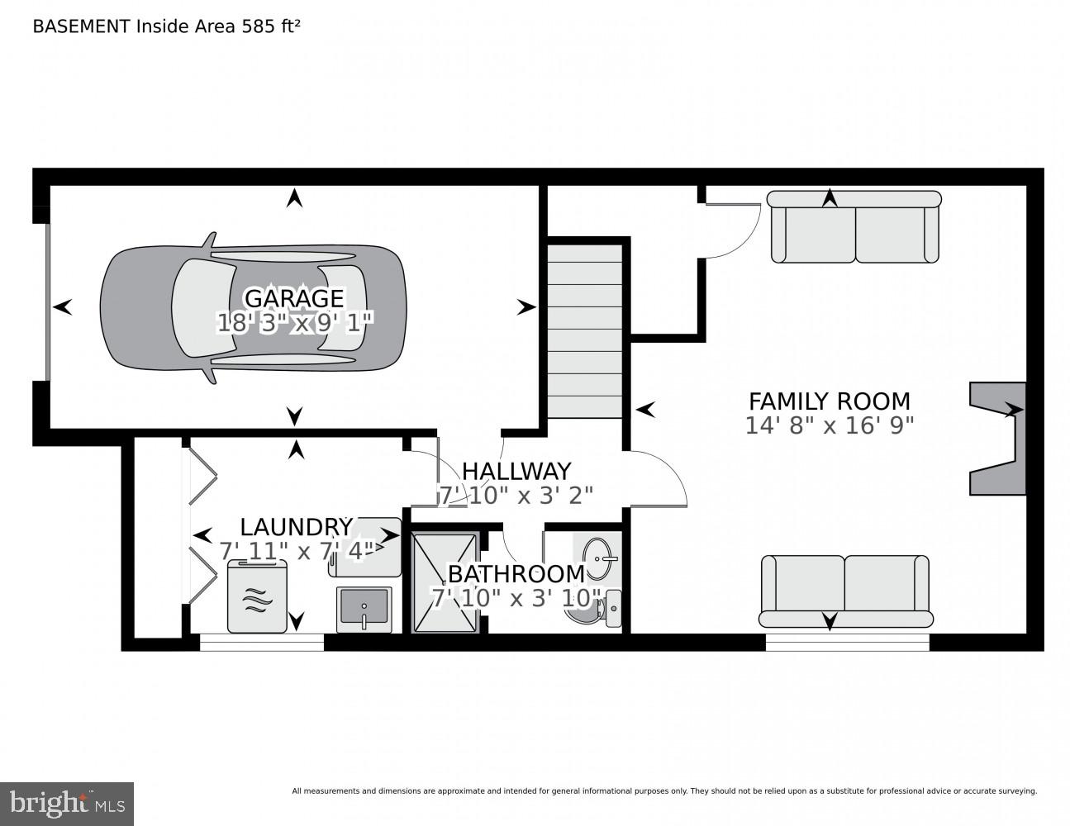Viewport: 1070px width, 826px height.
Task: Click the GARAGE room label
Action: point(293,297)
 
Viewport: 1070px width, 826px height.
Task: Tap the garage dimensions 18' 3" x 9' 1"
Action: point(295,322)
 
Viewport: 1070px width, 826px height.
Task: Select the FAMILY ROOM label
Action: point(829,401)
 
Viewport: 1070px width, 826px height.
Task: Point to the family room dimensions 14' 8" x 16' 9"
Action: point(829,425)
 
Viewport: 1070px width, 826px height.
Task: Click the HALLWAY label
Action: point(516,471)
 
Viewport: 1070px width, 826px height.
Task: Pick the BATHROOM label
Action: point(516,573)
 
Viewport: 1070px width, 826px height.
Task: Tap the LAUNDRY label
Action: point(296,527)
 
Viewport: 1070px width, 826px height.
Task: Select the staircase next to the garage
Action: point(585,330)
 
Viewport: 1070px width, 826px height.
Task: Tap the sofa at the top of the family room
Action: point(854,227)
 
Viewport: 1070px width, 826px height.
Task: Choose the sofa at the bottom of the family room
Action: point(844,591)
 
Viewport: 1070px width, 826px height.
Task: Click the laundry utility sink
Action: point(364,610)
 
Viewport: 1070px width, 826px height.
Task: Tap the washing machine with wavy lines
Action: point(257,596)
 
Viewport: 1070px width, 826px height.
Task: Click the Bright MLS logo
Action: point(66,803)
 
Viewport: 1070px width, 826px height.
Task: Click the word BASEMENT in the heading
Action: point(81,26)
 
